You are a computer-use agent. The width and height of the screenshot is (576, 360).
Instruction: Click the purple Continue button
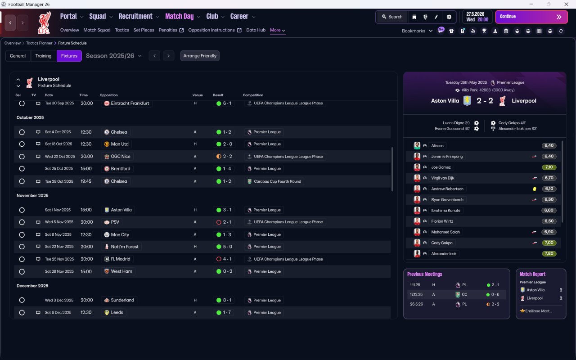(531, 17)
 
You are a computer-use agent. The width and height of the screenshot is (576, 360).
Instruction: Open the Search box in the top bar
(392, 17)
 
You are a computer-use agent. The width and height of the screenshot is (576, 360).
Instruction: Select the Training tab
(43, 56)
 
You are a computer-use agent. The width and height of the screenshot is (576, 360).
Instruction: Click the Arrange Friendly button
(200, 56)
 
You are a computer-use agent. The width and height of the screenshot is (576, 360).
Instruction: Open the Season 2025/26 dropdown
(114, 56)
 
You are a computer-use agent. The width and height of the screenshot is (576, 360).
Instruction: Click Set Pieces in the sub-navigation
(144, 30)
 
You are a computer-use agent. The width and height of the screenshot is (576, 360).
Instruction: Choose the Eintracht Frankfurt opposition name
(130, 103)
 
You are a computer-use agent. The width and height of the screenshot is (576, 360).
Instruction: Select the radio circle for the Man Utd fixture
(22, 144)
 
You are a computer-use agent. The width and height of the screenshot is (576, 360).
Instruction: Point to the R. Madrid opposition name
(120, 259)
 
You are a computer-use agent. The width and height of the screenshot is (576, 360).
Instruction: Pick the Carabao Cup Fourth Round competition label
(278, 181)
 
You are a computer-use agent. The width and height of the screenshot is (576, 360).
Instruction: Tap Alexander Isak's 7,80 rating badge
(549, 253)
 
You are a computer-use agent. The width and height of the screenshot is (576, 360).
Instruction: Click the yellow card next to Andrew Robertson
(534, 189)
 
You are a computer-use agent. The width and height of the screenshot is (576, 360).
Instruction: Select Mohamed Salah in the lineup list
(445, 232)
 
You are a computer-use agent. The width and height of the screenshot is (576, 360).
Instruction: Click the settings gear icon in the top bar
(449, 17)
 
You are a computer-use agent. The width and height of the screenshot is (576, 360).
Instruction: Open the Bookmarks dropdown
(417, 31)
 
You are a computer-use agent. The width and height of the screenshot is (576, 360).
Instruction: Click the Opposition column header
(108, 95)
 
